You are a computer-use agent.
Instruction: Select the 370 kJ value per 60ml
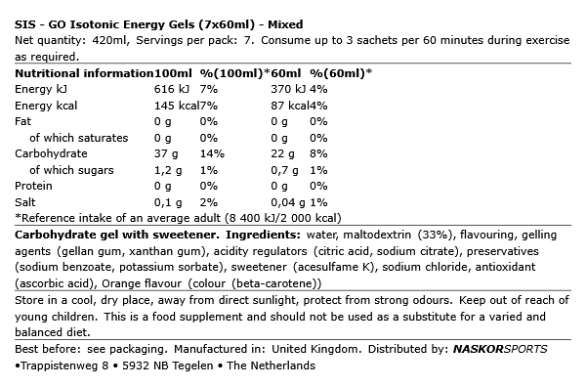coord(287,89)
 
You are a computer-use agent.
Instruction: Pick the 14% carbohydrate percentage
coord(212,153)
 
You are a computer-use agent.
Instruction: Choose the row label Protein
coord(33,185)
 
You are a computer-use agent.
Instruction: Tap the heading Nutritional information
coord(84,73)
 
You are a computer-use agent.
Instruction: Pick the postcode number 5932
coord(134,365)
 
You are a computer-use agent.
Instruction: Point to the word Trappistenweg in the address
coord(57,365)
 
